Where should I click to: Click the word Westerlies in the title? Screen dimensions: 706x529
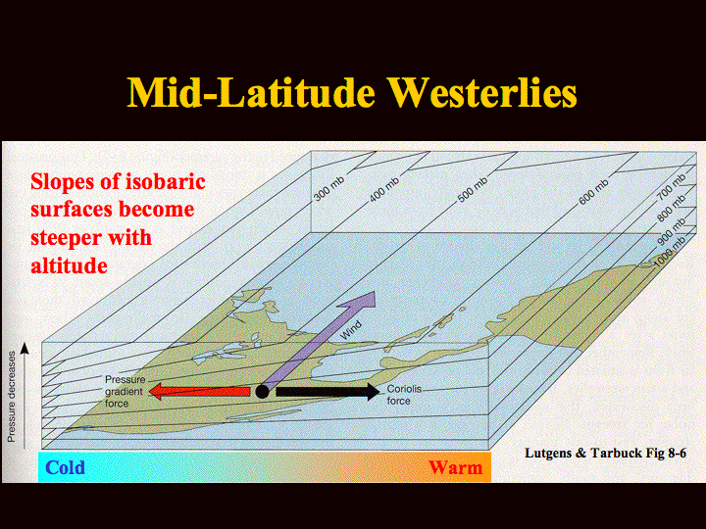[482, 93]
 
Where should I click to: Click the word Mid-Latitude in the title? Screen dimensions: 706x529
[251, 93]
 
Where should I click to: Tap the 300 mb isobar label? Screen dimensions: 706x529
[329, 188]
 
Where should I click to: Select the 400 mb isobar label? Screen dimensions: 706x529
[384, 188]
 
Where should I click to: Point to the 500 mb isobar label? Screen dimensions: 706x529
[473, 189]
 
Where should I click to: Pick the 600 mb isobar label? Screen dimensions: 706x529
[593, 192]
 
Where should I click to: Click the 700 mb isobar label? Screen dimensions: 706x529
[672, 186]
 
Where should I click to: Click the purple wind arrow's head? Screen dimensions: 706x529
[362, 300]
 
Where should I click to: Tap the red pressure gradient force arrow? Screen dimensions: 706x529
[199, 391]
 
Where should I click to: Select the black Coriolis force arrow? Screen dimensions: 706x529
[328, 391]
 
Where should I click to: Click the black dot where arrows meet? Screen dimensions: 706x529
[262, 391]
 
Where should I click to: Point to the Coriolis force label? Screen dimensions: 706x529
[404, 395]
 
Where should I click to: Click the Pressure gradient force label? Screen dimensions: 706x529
[125, 391]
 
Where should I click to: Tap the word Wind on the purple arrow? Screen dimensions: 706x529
[351, 330]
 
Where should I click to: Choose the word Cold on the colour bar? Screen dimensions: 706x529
[66, 467]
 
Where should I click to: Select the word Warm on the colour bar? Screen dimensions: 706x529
[456, 467]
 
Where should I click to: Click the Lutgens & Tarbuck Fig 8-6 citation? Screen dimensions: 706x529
[606, 453]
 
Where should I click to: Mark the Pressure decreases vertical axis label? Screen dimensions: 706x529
[12, 397]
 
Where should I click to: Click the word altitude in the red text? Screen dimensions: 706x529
[69, 265]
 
